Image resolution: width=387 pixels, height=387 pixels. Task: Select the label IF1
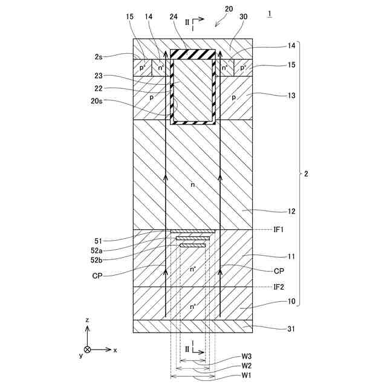(279, 230)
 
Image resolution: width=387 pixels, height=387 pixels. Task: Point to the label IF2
(279, 287)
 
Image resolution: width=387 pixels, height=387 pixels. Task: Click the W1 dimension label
(247, 376)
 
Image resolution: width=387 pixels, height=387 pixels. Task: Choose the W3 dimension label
(247, 357)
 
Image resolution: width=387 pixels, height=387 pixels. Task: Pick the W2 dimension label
(247, 366)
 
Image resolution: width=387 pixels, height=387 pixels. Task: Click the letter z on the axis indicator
(88, 319)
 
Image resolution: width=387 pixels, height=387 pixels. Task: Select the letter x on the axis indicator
(115, 350)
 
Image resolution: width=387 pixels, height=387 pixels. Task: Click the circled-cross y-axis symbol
(88, 350)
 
